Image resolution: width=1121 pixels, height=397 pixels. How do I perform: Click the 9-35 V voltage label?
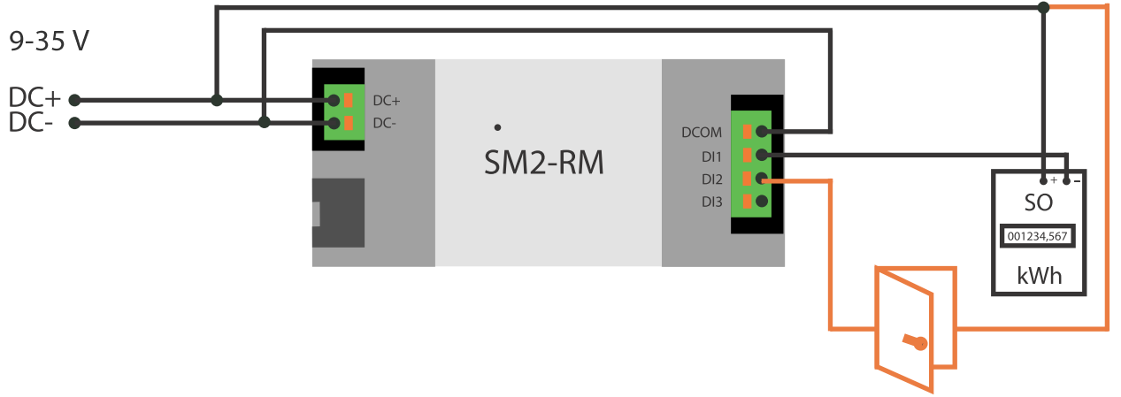pos(49,41)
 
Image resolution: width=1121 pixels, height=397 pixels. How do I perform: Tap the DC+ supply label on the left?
pos(35,98)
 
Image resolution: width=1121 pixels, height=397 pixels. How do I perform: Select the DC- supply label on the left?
pos(32,123)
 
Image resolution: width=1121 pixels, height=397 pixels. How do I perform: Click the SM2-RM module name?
pos(544,162)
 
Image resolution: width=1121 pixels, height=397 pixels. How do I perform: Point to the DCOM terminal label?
pos(702,134)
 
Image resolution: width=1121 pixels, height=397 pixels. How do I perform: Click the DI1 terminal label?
pos(712,157)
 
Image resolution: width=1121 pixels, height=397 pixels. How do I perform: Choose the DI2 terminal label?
pos(712,179)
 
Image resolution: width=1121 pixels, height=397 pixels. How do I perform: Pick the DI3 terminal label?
pos(712,202)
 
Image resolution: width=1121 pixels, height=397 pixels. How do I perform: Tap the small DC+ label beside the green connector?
pos(387,100)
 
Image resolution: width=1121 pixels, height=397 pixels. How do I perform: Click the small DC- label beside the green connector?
pos(385,123)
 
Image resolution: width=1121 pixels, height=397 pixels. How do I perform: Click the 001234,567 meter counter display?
pos(1038,237)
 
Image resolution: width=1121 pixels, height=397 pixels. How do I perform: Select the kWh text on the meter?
pos(1038,276)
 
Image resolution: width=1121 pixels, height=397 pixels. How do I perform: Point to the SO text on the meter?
pos(1038,202)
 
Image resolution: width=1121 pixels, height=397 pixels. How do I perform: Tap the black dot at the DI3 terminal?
pos(761,201)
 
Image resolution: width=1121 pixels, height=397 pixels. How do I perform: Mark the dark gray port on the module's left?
pos(339,212)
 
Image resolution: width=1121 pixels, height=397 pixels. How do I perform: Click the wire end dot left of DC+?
pos(75,100)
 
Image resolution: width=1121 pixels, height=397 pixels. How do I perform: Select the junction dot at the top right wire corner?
pos(1044,8)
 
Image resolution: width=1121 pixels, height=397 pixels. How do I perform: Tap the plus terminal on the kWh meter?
pos(1045,180)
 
